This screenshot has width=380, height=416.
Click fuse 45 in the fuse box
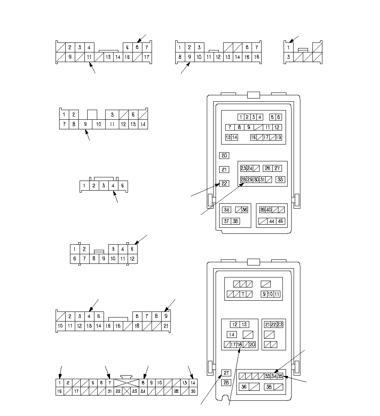click(x=281, y=221)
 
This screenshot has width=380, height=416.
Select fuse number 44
click(x=272, y=221)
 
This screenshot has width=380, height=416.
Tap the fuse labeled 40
click(x=269, y=210)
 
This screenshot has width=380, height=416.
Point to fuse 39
click(x=262, y=210)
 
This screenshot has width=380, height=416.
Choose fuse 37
click(x=226, y=221)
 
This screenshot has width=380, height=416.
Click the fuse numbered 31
click(x=262, y=179)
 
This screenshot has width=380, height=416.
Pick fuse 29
click(x=250, y=179)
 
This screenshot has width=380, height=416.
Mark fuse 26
click(x=267, y=168)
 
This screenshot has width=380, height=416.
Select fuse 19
click(x=278, y=137)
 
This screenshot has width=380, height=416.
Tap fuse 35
click(x=280, y=376)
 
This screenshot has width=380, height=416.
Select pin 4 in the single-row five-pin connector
click(x=113, y=186)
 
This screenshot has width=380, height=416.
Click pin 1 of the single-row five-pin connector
click(x=84, y=186)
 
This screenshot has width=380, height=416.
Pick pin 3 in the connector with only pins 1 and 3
click(x=288, y=57)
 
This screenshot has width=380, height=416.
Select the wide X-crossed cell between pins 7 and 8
click(x=126, y=383)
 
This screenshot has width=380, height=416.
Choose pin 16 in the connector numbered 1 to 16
click(x=256, y=57)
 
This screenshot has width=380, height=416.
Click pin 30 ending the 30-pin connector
click(x=193, y=391)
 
